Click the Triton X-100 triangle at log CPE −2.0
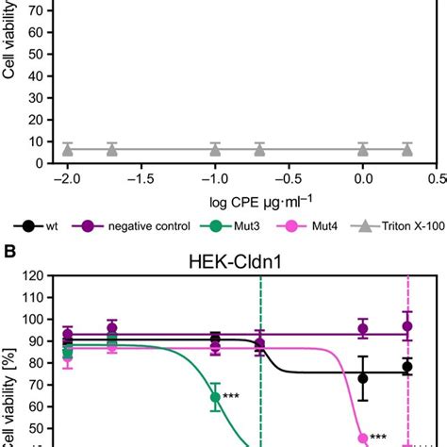pos(67,148)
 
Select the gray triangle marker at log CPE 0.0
pos(363,148)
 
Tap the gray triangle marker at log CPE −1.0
pos(215,148)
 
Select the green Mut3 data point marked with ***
pos(215,397)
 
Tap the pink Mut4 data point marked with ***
pos(363,438)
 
